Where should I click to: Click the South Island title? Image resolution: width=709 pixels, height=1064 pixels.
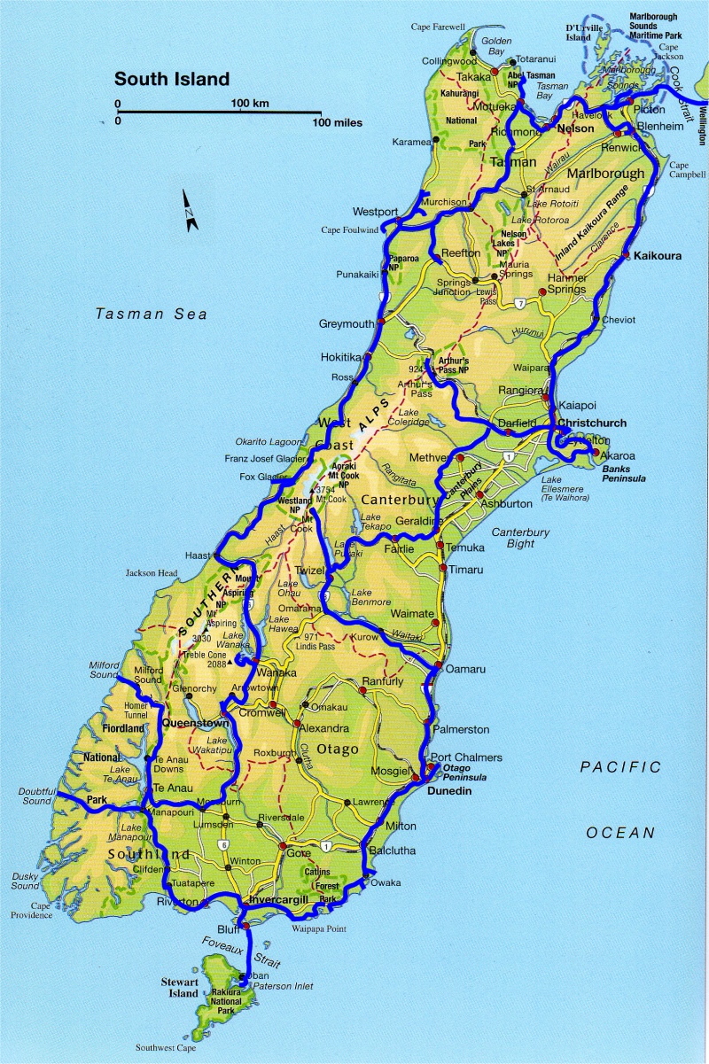[x=172, y=79]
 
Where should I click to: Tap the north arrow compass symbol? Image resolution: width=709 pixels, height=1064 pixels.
[x=191, y=211]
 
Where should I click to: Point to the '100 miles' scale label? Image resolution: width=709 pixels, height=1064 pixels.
[x=336, y=122]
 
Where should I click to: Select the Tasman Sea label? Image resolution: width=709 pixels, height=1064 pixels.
[x=152, y=314]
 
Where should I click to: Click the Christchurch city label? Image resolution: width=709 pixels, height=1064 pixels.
[x=592, y=423]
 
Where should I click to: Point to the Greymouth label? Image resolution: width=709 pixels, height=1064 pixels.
[x=347, y=324]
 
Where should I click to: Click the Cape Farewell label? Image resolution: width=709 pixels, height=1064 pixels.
[x=438, y=27]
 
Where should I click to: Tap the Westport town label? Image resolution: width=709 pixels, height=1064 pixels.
[x=375, y=212]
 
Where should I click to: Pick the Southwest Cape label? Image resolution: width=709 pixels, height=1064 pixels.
[x=166, y=1046]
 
